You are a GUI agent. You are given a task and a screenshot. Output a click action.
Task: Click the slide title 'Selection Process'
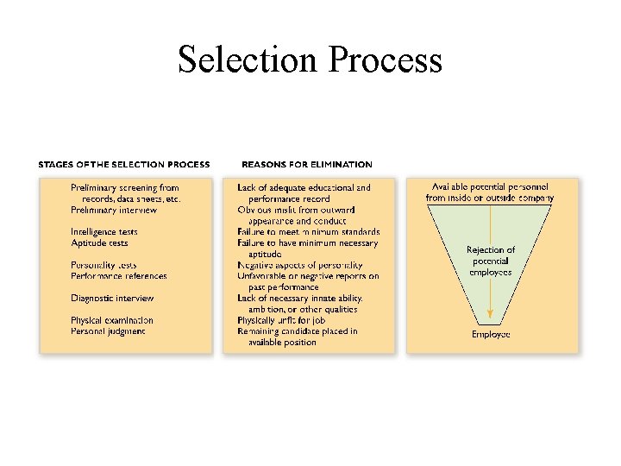pos(310,60)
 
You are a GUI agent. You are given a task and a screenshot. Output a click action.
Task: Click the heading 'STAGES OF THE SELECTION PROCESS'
pos(124,164)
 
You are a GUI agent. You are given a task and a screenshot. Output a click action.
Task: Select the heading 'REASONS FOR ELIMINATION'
pos(307,164)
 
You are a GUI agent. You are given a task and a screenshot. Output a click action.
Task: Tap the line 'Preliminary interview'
pos(114,210)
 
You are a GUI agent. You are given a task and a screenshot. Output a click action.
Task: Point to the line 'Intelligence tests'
pos(104,232)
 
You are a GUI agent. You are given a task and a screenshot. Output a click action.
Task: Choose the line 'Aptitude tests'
pos(99,243)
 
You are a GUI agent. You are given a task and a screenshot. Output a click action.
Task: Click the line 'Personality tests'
pos(103,265)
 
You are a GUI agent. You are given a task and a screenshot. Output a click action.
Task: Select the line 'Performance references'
pos(119,276)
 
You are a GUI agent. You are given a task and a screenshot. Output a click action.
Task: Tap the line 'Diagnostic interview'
pos(112,299)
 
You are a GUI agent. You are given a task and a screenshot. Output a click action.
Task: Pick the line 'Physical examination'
pos(112,320)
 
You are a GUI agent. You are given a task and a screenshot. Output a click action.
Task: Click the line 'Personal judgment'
pos(108,331)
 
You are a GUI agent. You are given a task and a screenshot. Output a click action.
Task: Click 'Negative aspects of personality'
pos(300,265)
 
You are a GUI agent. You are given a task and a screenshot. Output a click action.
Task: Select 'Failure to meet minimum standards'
pos(309,232)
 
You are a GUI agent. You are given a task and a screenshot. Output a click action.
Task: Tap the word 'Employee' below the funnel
pos(491,334)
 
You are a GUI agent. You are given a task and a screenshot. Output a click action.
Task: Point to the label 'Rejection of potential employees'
pos(490,261)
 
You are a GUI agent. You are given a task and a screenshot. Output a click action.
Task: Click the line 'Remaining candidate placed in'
pos(298,331)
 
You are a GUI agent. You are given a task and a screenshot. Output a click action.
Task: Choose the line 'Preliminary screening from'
pos(125,187)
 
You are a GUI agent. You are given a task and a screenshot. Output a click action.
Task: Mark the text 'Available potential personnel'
pos(490,187)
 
